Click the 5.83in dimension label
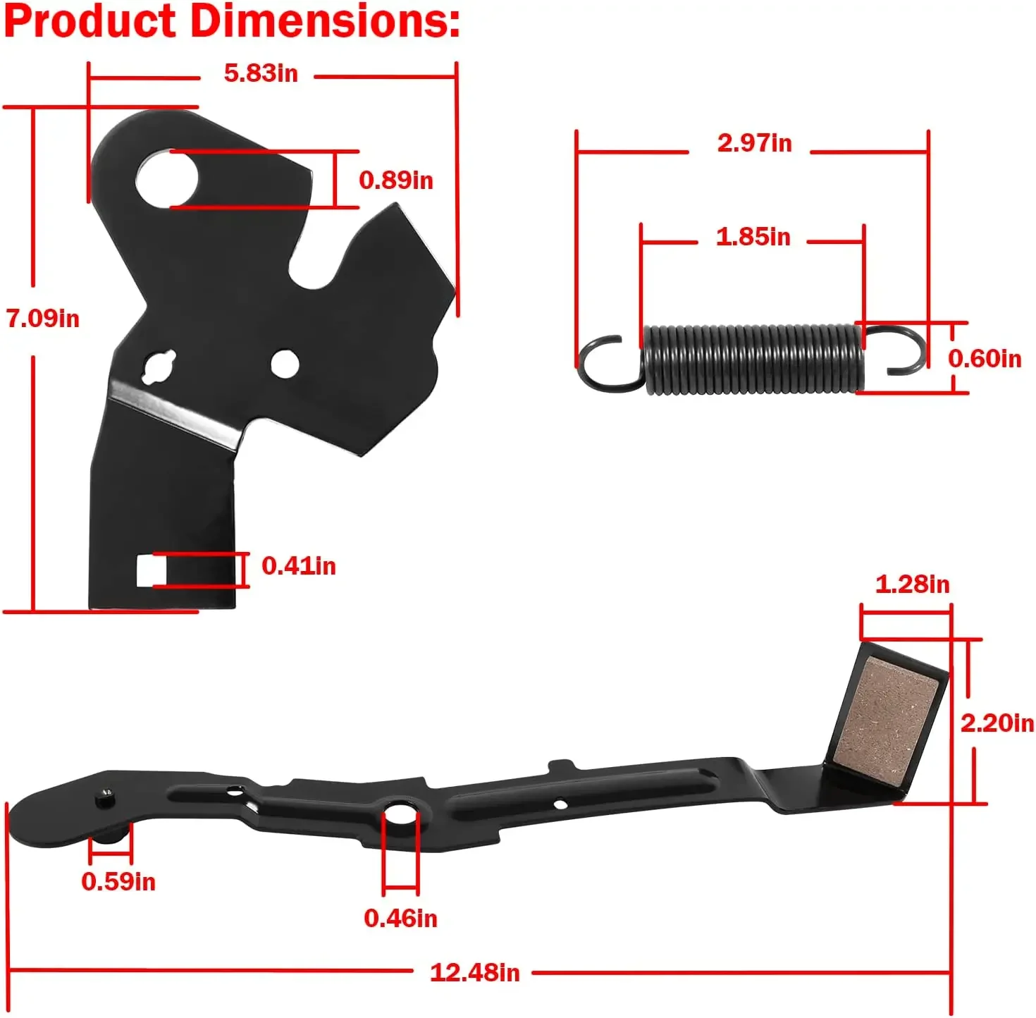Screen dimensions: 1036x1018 point(261,73)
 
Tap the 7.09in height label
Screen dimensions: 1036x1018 point(43,319)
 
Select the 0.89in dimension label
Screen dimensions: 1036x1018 point(396,180)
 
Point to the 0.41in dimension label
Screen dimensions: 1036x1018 point(299,566)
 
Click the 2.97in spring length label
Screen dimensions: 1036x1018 point(755,143)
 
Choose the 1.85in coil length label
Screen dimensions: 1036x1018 point(753,237)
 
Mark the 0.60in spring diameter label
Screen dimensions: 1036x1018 point(985,359)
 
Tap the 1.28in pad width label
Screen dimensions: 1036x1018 point(913,584)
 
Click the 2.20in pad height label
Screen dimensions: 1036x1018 point(997,723)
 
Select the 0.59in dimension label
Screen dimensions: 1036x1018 point(118,882)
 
